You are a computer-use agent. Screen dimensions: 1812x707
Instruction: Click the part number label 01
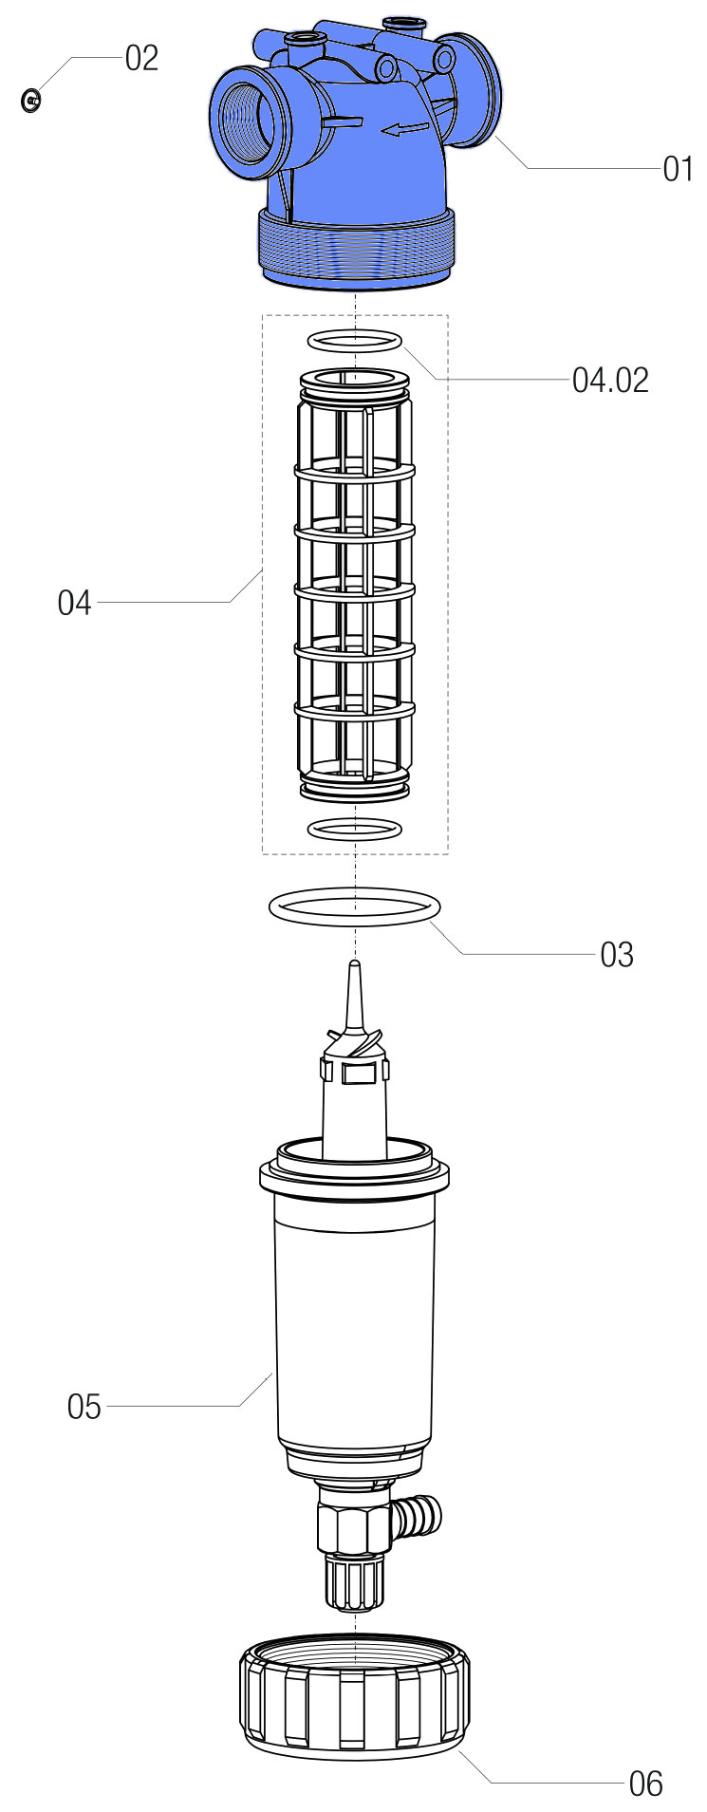point(677,170)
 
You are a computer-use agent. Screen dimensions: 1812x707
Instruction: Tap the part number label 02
point(141,59)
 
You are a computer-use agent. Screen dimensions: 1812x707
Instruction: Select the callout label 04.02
point(610,380)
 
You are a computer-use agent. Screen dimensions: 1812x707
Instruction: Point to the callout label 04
point(74,603)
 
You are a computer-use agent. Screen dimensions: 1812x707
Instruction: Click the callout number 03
point(616,954)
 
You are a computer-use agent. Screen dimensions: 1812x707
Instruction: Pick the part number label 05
point(84,1407)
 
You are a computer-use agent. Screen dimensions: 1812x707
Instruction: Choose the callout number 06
point(645,1784)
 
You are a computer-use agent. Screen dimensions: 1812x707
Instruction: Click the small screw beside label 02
point(30,99)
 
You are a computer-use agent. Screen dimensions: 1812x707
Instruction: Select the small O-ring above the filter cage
point(355,340)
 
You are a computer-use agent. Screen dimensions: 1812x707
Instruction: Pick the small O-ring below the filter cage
point(355,829)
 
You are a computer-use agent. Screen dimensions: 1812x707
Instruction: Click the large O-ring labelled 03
point(355,906)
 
